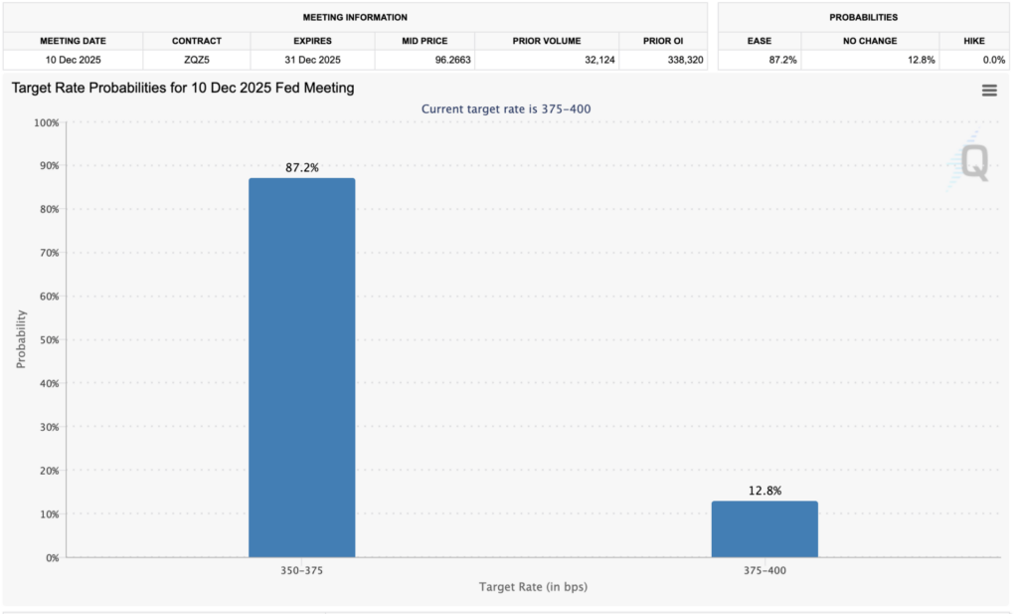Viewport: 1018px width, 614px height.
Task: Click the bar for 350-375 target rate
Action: [301, 367]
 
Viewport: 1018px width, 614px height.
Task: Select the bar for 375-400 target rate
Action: [764, 528]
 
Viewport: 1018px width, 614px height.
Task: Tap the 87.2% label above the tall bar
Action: [301, 168]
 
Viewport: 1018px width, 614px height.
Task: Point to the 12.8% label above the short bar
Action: [764, 491]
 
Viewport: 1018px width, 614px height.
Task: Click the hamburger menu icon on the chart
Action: [989, 91]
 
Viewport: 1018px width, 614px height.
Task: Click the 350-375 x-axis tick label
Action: [301, 571]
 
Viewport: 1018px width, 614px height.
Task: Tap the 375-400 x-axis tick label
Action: [764, 571]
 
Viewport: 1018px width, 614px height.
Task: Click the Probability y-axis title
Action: [22, 339]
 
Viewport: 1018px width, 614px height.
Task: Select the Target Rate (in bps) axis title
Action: [533, 587]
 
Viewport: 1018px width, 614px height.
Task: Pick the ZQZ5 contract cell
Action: [196, 60]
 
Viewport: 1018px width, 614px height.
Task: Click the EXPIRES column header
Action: [312, 41]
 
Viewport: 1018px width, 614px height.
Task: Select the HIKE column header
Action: [974, 41]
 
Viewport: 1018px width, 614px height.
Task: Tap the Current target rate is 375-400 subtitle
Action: [508, 108]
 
